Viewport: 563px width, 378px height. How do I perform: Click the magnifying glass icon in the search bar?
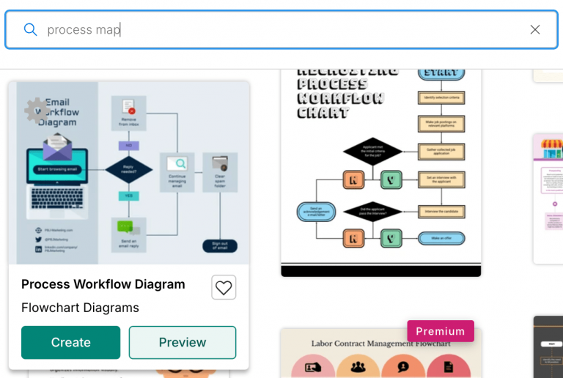[30, 29]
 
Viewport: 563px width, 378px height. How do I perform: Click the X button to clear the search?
[534, 29]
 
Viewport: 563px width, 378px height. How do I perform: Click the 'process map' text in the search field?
[84, 29]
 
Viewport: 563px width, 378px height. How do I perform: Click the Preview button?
[183, 342]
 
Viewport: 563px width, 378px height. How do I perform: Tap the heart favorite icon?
[224, 287]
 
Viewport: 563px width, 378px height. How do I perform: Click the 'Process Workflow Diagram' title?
[103, 284]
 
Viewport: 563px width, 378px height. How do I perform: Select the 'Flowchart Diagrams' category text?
[80, 308]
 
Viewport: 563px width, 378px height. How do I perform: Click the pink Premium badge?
[441, 331]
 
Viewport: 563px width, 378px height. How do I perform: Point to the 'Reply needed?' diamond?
[128, 169]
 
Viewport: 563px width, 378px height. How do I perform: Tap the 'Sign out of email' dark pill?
[220, 246]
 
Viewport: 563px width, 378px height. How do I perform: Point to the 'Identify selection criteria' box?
[441, 97]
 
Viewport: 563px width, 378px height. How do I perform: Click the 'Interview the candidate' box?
[441, 211]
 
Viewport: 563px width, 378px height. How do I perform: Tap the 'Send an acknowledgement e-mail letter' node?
[316, 212]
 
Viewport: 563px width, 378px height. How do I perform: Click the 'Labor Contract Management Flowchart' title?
[380, 343]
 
